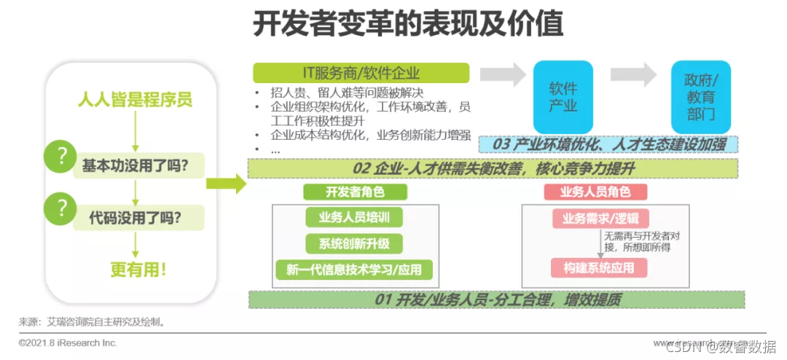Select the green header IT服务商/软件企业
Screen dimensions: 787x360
pyautogui.click(x=361, y=73)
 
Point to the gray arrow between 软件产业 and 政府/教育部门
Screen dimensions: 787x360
pyautogui.click(x=634, y=74)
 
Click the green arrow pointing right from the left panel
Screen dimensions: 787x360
pyautogui.click(x=226, y=184)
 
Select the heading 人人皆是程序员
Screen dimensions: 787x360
pyautogui.click(x=136, y=100)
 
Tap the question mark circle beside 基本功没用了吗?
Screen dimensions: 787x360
pyautogui.click(x=61, y=156)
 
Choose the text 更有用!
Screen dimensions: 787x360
pyautogui.click(x=138, y=268)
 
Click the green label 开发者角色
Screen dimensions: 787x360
pyautogui.click(x=355, y=192)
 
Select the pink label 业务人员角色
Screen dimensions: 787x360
pyautogui.click(x=595, y=192)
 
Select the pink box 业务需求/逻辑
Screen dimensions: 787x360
pyautogui.click(x=600, y=218)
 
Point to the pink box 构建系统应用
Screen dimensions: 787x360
pyautogui.click(x=600, y=268)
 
